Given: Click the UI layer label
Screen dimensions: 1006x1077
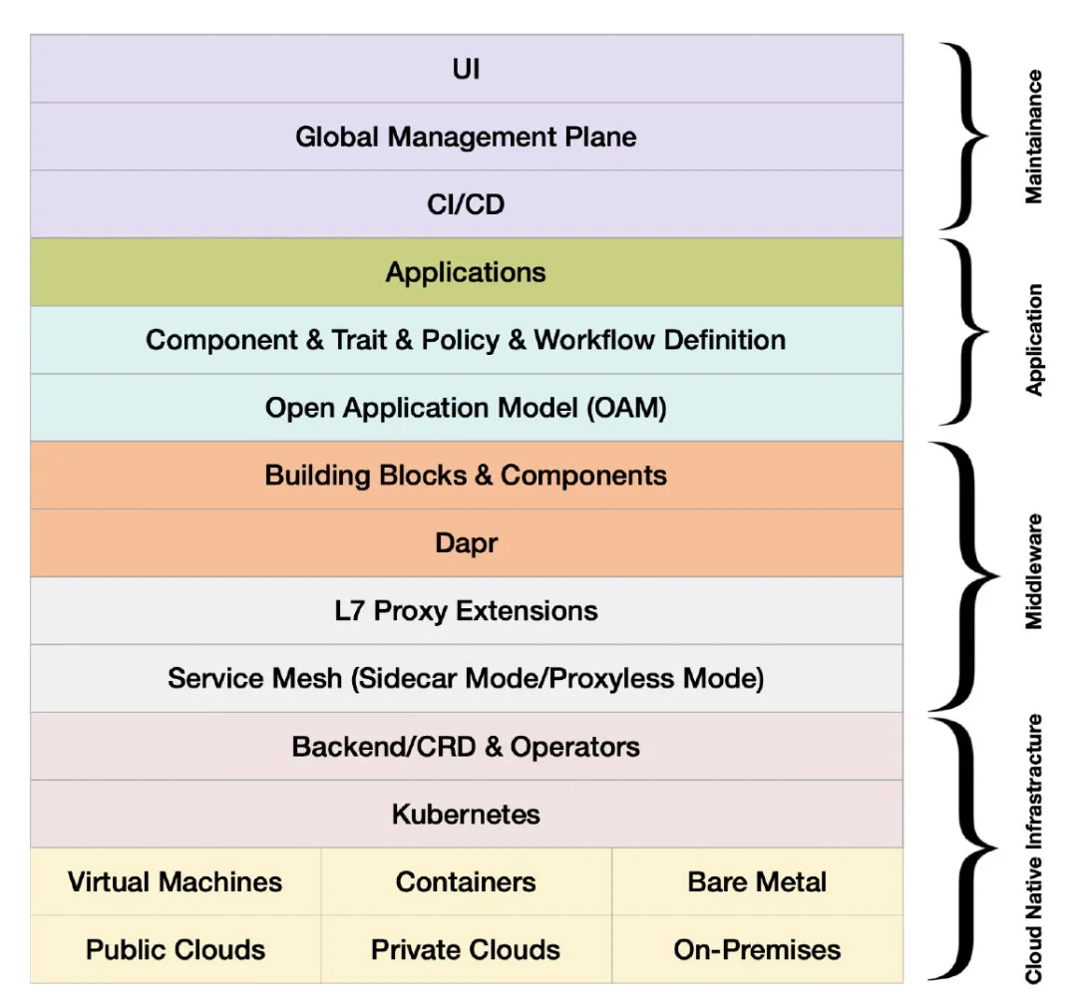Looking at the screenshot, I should click(466, 70).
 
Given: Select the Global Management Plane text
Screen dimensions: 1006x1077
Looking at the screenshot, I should click(466, 137).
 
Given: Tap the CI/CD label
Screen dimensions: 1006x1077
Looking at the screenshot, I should click(466, 204).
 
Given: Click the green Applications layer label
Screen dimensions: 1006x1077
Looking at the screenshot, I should click(466, 272).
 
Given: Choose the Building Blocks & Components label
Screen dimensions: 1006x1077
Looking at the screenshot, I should click(466, 476).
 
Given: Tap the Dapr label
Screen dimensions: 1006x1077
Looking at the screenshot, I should click(466, 543).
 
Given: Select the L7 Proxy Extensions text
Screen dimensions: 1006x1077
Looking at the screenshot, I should click(466, 611).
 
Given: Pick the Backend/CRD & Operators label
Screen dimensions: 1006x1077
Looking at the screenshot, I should click(466, 747).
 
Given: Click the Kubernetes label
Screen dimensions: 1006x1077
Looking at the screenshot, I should click(466, 815).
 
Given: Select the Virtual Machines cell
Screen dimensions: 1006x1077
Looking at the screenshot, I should click(176, 882).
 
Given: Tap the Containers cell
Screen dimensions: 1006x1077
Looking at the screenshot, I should click(466, 882).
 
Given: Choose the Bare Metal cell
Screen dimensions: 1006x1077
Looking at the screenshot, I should click(757, 882).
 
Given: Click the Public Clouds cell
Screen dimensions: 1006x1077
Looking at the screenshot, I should click(176, 950).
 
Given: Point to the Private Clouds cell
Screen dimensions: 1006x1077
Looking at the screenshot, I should click(466, 950).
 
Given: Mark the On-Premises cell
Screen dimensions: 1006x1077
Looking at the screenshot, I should click(757, 950).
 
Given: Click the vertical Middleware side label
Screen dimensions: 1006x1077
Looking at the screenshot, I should click(1034, 571).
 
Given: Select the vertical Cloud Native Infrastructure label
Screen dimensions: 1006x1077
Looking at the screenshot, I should click(1034, 848).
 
